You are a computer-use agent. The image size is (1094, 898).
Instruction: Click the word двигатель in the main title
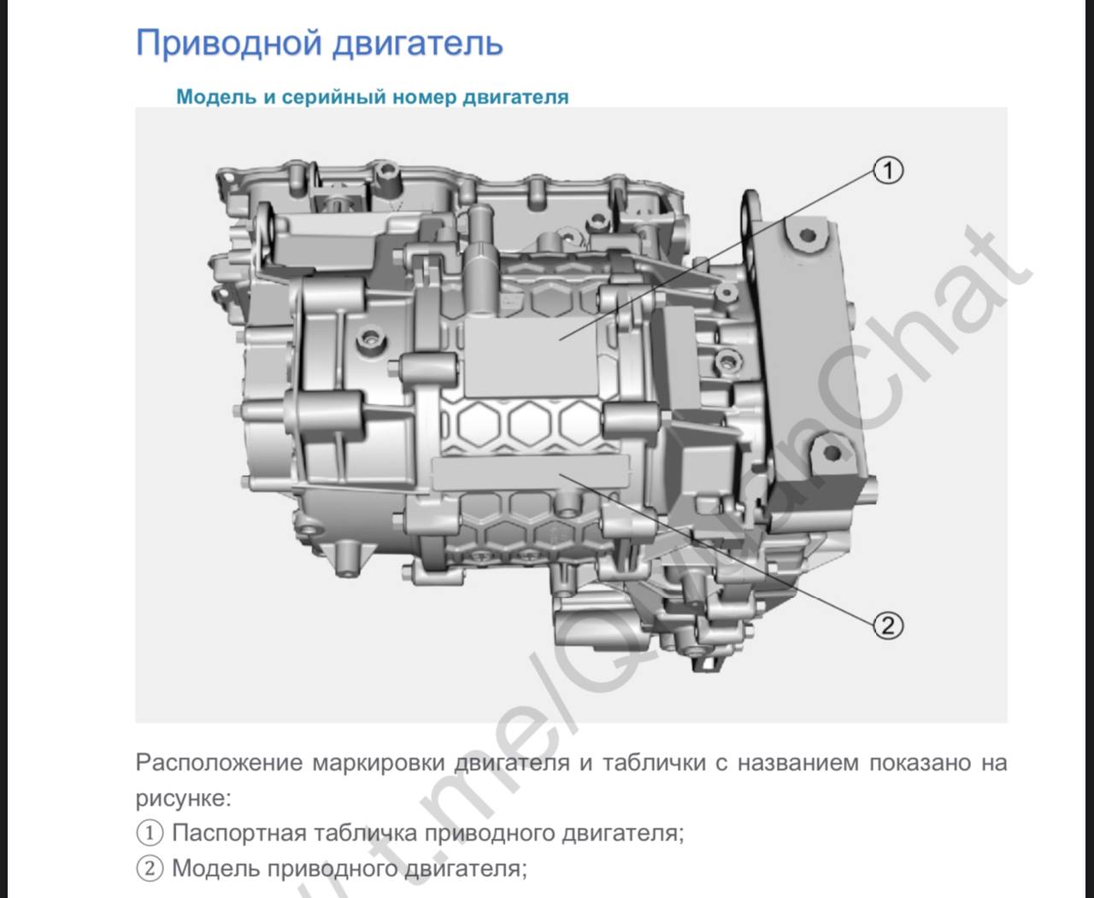tap(418, 43)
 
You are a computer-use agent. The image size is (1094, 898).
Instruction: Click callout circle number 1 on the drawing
tap(888, 171)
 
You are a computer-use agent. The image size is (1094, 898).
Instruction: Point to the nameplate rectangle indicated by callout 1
tap(531, 357)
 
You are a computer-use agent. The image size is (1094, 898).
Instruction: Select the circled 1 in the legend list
tap(150, 833)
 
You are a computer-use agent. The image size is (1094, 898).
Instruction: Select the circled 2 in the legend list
tap(150, 868)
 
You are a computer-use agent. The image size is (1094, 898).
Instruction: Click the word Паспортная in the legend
tap(239, 833)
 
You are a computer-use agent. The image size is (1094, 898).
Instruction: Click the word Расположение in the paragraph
tap(219, 763)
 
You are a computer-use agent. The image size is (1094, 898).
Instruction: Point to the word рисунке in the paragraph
tap(180, 799)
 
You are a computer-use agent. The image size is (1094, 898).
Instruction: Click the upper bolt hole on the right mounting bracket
tap(809, 236)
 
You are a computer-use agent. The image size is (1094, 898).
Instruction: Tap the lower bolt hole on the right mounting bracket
tap(832, 453)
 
